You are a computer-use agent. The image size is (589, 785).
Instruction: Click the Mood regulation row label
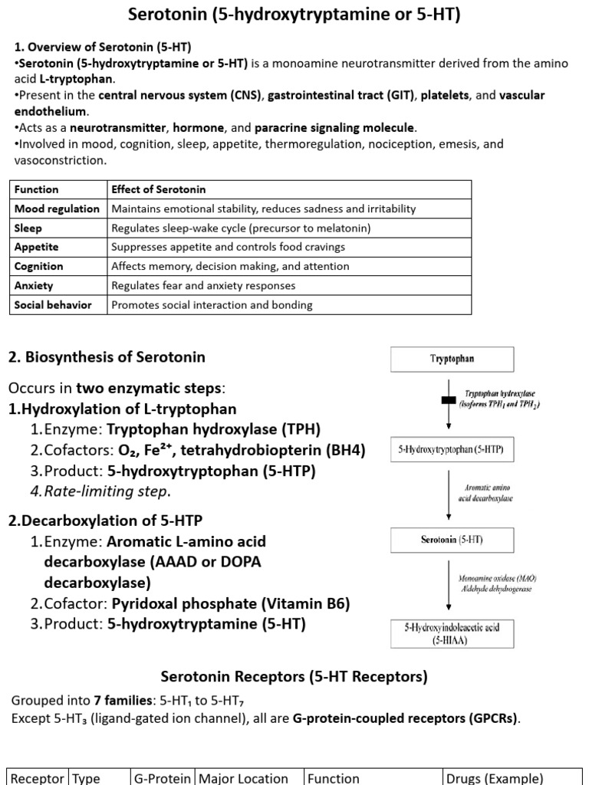click(57, 209)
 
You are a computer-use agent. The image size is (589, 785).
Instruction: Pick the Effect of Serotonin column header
click(159, 189)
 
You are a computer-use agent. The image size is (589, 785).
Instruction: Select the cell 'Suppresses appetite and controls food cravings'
click(228, 247)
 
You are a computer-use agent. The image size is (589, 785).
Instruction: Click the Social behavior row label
click(53, 304)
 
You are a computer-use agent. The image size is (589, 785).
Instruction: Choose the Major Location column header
click(244, 778)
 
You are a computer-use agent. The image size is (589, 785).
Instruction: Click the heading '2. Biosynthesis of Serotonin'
click(107, 357)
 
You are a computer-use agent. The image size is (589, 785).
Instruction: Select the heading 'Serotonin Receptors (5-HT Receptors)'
click(294, 676)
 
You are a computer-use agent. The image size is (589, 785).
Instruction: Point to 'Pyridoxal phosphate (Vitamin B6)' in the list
click(231, 603)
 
